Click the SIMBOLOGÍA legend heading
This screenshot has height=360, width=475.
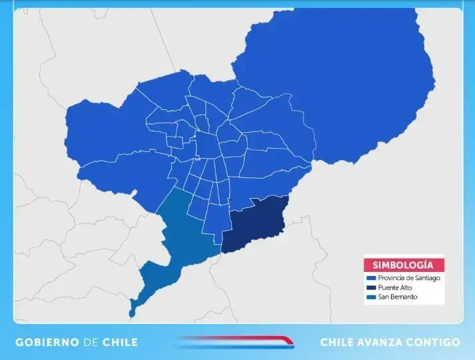click(404, 264)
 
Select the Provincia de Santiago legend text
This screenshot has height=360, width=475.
click(408, 278)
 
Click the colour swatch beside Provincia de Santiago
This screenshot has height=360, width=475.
click(370, 278)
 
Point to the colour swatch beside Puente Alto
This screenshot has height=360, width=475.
click(370, 287)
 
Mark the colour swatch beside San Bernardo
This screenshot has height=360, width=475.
click(370, 297)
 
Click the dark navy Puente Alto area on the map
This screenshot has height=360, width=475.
click(256, 223)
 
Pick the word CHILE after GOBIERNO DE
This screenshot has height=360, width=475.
click(120, 342)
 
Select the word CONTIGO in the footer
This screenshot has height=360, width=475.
click(436, 342)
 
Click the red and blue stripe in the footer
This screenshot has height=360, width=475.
click(237, 342)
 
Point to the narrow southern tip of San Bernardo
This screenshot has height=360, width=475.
click(133, 308)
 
